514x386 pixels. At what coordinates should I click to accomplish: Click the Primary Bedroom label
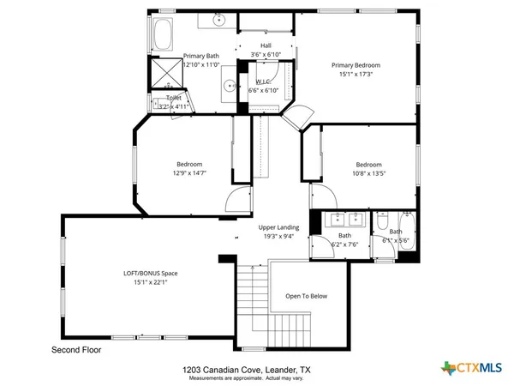356,65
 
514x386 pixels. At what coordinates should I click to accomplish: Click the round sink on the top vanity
218,18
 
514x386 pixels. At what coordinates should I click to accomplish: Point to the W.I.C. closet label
264,81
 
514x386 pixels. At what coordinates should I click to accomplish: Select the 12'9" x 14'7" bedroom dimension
189,173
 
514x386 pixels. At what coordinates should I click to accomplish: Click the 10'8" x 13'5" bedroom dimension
368,173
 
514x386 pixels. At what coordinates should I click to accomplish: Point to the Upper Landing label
278,227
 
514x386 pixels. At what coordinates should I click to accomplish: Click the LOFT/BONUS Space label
151,274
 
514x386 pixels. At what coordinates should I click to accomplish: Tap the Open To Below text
307,297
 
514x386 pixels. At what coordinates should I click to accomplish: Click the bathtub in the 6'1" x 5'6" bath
409,236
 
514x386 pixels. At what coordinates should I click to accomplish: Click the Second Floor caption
77,351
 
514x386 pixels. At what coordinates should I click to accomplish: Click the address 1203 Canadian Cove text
244,370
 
